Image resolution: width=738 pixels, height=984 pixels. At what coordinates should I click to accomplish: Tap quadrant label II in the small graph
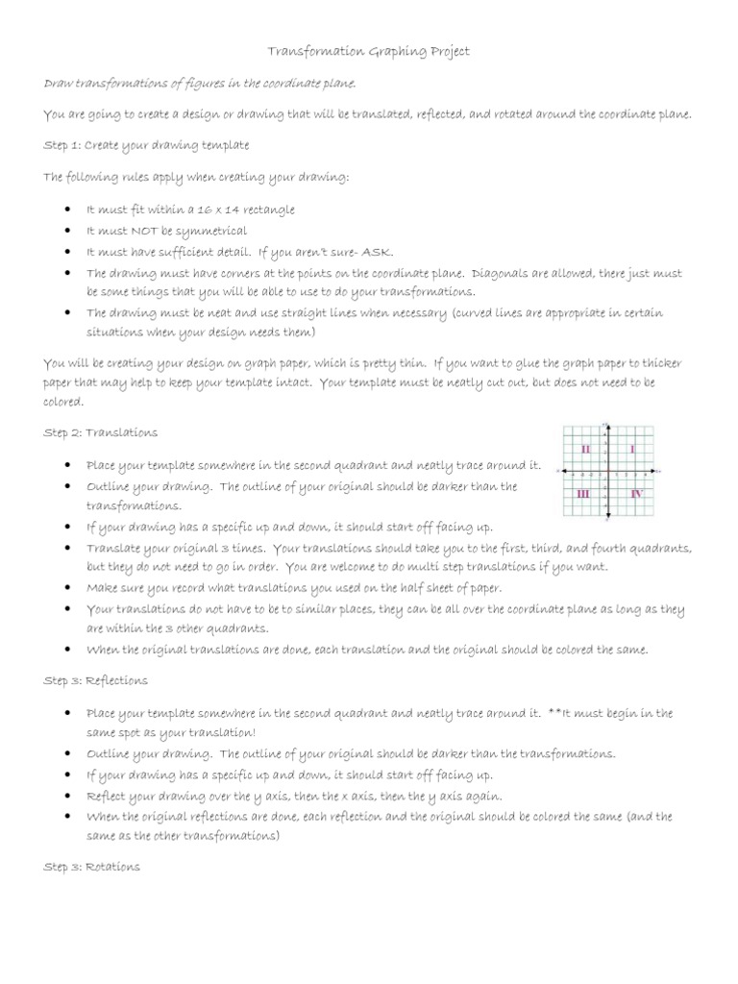pos(585,449)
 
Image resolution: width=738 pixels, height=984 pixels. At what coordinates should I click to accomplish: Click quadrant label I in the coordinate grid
pos(632,449)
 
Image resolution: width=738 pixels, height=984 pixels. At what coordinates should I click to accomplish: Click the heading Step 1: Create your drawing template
pos(146,145)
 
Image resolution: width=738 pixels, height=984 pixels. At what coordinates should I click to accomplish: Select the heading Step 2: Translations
pos(101,432)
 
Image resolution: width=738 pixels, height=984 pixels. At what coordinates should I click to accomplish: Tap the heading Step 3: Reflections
pos(96,680)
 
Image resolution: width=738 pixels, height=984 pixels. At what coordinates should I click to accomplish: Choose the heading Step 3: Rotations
pos(92,866)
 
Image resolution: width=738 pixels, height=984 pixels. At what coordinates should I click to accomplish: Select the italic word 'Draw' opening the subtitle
pos(59,84)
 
